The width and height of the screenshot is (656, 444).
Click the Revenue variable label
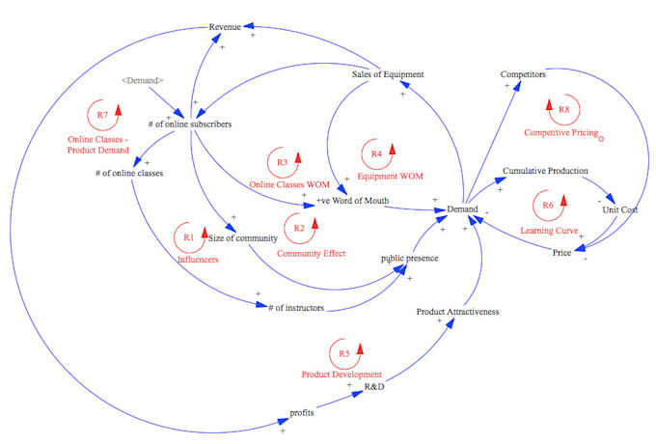(x=225, y=27)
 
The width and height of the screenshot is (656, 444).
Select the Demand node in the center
(x=461, y=208)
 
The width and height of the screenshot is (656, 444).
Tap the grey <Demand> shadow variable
(x=143, y=80)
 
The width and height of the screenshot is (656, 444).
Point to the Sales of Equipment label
(x=387, y=74)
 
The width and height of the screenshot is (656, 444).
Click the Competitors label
(x=523, y=74)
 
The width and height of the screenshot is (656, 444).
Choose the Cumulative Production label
(x=545, y=171)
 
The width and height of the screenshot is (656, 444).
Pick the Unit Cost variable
(x=619, y=209)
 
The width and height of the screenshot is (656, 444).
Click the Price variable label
(x=561, y=253)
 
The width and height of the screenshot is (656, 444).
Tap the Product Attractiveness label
(x=457, y=312)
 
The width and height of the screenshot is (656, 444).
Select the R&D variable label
(x=375, y=385)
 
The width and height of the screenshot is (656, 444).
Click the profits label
(x=303, y=411)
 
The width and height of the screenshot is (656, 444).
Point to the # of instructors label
(x=296, y=308)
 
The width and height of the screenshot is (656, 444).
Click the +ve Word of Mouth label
(x=352, y=201)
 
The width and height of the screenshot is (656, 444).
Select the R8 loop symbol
(x=561, y=109)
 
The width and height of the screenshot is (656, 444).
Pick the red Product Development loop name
(x=341, y=374)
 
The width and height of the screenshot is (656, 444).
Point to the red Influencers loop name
(x=198, y=260)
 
